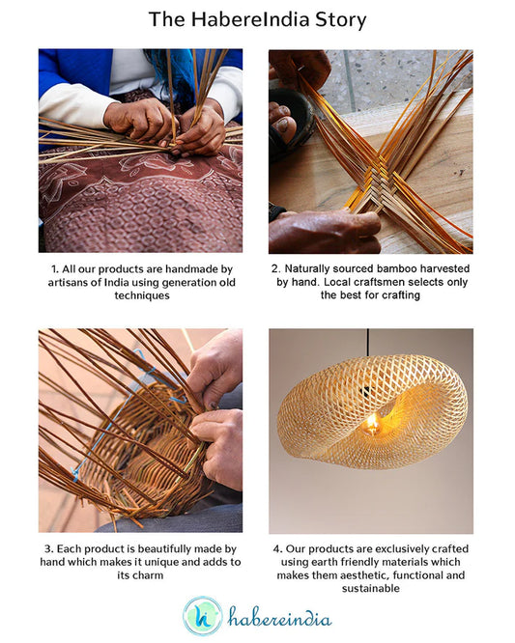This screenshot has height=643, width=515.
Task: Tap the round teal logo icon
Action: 202,616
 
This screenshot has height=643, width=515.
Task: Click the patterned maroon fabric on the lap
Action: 135,208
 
